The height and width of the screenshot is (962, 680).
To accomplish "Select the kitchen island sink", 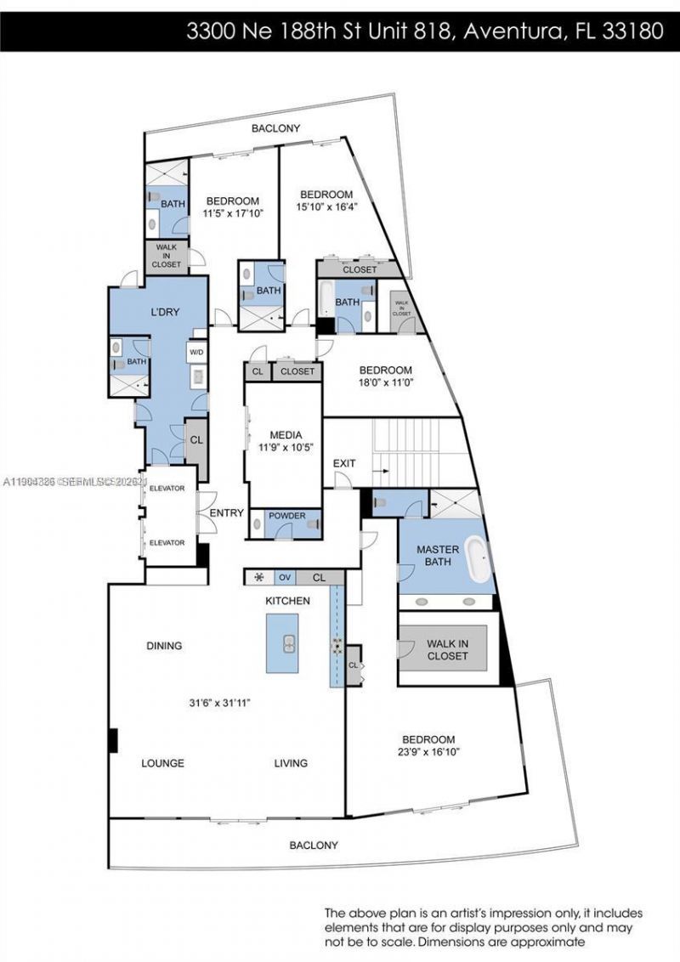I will point(288,642).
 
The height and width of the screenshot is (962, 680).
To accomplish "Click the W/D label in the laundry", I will point(196,351).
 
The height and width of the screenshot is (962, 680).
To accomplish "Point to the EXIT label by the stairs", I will point(344,463).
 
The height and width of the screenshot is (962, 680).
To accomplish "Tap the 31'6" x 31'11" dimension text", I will point(218,703).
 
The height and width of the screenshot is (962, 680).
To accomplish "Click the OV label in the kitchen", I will point(285,578).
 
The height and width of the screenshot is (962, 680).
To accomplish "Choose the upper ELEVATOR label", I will point(167,488).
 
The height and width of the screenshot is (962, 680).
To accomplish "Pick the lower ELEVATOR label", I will point(167,542).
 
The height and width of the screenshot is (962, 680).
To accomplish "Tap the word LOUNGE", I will point(162,763).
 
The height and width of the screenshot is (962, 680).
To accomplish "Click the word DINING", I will point(164,646).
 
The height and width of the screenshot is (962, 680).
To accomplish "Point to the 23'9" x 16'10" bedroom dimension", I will point(428,752).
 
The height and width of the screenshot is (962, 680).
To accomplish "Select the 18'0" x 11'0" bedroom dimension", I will point(385,382).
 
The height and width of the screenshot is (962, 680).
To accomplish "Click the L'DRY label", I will point(165,312).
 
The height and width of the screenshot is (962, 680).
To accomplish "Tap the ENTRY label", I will point(227,513).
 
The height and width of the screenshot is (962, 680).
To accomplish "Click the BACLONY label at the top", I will point(276,128).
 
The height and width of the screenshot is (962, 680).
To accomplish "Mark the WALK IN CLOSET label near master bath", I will point(447,650).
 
